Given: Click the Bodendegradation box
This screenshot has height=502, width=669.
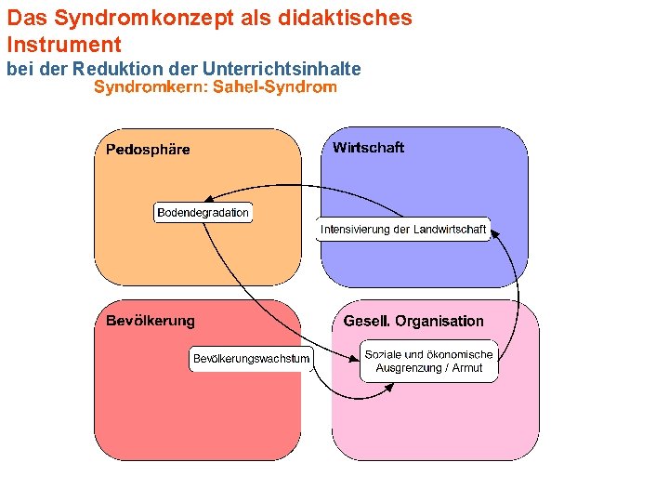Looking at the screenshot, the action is pyautogui.click(x=203, y=213).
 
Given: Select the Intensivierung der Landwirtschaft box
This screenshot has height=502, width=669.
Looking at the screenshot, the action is pyautogui.click(x=402, y=230).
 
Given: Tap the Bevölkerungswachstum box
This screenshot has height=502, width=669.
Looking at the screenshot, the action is pyautogui.click(x=251, y=359).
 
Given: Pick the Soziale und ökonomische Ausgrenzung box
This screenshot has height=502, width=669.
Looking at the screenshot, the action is pyautogui.click(x=428, y=362).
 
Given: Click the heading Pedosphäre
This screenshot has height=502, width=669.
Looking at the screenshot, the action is pyautogui.click(x=148, y=150).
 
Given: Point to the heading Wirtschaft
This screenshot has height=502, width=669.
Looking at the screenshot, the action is pyautogui.click(x=368, y=148).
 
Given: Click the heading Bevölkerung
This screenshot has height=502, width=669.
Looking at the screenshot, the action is pyautogui.click(x=151, y=321).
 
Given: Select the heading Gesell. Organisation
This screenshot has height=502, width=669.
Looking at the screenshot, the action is pyautogui.click(x=413, y=322).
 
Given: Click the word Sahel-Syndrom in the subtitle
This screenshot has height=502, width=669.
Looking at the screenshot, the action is pyautogui.click(x=274, y=88).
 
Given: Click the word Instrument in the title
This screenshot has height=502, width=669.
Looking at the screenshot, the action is pyautogui.click(x=64, y=44).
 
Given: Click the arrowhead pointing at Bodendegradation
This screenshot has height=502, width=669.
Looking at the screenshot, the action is pyautogui.click(x=208, y=198).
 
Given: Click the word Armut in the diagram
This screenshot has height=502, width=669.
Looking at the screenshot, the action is pyautogui.click(x=467, y=368).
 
